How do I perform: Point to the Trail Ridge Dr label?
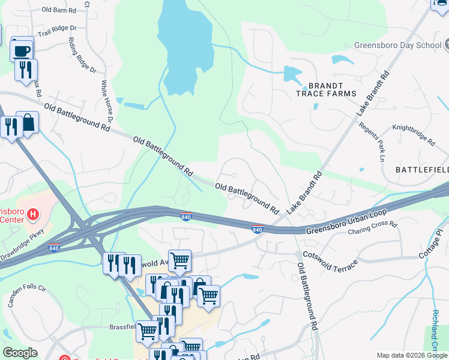pos(57,28)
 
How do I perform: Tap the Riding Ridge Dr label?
pos(83,55)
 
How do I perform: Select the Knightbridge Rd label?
pos(413,135)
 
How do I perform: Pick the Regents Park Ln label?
pos(371,142)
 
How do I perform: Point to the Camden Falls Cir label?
pos(26,296)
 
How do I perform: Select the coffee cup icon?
pos(22,50)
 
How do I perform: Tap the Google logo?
pos(20,353)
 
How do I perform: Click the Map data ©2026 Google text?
pos(411,355)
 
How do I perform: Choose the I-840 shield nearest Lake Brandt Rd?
pos(258,229)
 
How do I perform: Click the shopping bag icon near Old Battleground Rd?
pos(28,124)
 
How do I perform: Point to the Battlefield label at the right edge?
pos(421,170)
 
